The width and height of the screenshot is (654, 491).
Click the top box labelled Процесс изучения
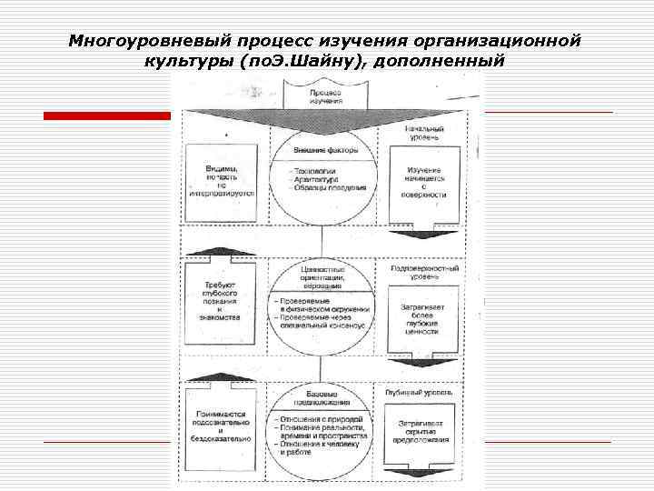tap(325, 95)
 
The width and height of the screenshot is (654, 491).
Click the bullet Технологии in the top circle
tap(313, 171)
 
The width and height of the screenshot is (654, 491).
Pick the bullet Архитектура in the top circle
tap(315, 179)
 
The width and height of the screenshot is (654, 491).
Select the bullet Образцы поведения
tap(328, 188)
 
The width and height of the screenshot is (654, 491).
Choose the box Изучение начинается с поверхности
tap(423, 182)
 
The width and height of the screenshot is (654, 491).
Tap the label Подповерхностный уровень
tap(424, 273)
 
